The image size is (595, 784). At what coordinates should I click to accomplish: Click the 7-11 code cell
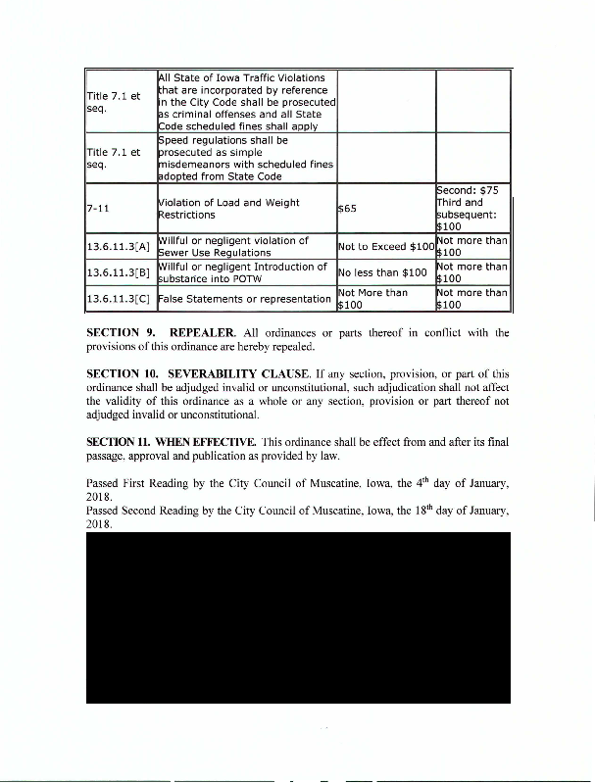coord(98,208)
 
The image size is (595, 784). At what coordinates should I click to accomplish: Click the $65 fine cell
coord(347,209)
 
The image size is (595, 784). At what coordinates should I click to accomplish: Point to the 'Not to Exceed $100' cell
coord(385,246)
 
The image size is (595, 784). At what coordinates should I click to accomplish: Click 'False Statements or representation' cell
coord(245,298)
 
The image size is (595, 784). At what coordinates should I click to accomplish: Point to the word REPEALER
coord(201,333)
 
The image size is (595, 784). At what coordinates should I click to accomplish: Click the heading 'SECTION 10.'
coord(122,375)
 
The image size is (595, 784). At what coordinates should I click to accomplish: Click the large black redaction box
coord(298,617)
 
